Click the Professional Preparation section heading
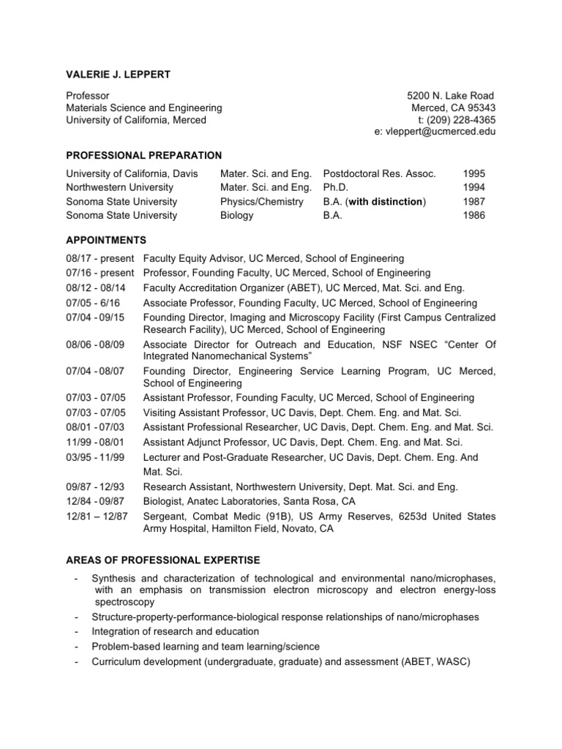144,155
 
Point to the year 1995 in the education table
473,173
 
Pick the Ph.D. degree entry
335,187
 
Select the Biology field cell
236,215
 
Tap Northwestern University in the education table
121,187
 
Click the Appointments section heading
105,240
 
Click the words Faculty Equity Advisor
194,258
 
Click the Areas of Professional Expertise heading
162,560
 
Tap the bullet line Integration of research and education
175,631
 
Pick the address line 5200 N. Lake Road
451,96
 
